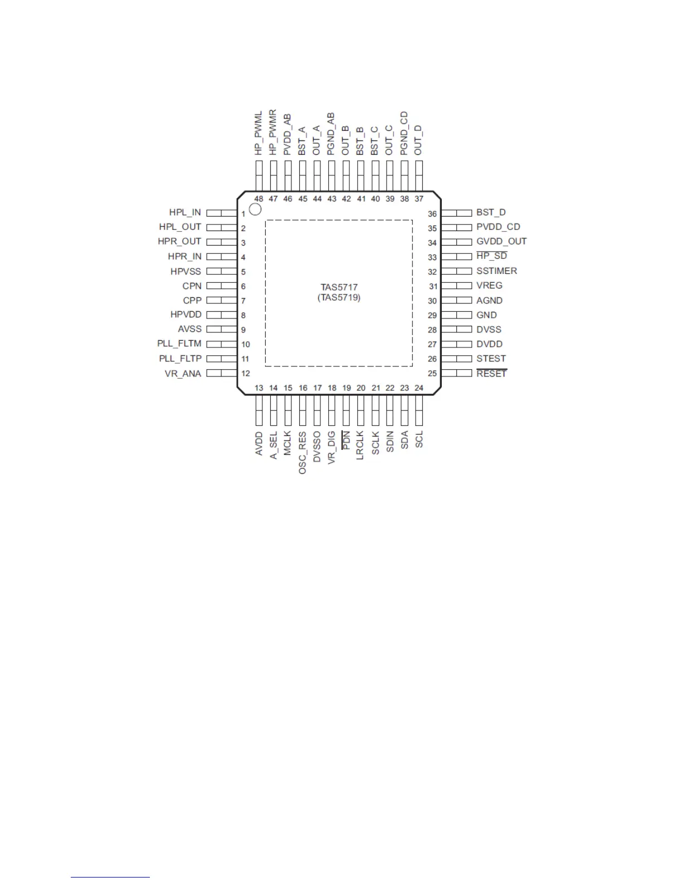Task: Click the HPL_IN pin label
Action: click(185, 213)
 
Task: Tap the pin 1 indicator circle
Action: click(255, 209)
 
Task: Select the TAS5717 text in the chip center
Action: click(339, 287)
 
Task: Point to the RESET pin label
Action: click(491, 374)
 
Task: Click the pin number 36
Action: click(432, 214)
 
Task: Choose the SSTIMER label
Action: click(496, 271)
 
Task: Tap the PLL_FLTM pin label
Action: click(179, 344)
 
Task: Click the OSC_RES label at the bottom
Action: click(303, 453)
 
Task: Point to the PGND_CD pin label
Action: click(405, 134)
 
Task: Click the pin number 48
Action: click(259, 199)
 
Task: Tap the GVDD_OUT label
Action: click(501, 242)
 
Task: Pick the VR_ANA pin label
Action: click(183, 374)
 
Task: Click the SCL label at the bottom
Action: click(419, 439)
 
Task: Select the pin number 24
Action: click(419, 388)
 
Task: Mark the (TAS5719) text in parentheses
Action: click(339, 298)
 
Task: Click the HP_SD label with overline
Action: click(491, 256)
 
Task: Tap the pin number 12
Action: click(246, 374)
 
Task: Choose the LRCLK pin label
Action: click(360, 445)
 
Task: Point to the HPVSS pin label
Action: click(186, 272)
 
